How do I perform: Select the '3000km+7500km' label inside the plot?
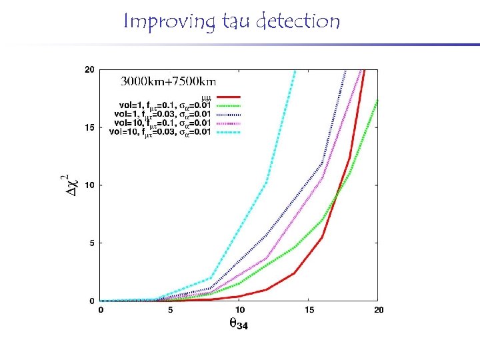(x=167, y=82)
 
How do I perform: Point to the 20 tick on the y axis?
(x=89, y=69)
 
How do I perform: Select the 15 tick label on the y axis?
(x=89, y=127)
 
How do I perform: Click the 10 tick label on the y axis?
(x=89, y=185)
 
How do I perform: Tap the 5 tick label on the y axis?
(x=91, y=243)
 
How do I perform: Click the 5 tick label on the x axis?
(x=170, y=310)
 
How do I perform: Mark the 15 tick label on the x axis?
(x=309, y=310)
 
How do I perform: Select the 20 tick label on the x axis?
(x=377, y=310)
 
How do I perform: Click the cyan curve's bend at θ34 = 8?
(x=211, y=277)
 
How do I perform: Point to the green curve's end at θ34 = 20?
(x=378, y=99)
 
